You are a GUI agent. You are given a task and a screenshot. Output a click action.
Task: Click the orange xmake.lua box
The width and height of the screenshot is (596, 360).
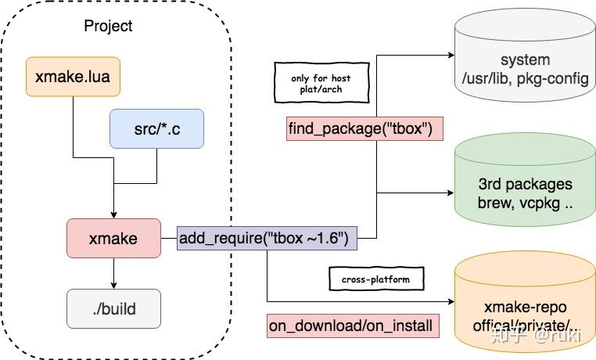click(73, 76)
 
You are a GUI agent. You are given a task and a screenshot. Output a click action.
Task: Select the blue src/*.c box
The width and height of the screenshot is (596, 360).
click(157, 128)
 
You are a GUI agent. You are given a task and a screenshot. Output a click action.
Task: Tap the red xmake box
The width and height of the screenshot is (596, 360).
click(113, 239)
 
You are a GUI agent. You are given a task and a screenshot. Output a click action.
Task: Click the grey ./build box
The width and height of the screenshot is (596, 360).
click(113, 308)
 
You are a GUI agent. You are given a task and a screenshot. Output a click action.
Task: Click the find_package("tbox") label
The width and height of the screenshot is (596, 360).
click(365, 128)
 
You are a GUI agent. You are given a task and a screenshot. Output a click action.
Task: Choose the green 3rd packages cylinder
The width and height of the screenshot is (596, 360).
click(525, 192)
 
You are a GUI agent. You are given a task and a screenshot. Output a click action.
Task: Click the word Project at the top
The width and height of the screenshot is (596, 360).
click(108, 26)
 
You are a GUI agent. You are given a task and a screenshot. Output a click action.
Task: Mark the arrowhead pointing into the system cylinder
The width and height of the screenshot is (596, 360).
click(451, 56)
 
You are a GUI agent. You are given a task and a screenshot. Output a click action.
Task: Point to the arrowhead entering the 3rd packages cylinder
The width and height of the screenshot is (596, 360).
click(451, 193)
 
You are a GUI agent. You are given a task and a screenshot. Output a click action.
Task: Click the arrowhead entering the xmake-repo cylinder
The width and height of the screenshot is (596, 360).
click(451, 301)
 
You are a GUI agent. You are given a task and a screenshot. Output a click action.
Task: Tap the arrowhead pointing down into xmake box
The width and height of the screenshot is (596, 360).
click(113, 214)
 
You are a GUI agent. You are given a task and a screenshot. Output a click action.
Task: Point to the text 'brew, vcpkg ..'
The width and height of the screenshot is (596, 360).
click(525, 203)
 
